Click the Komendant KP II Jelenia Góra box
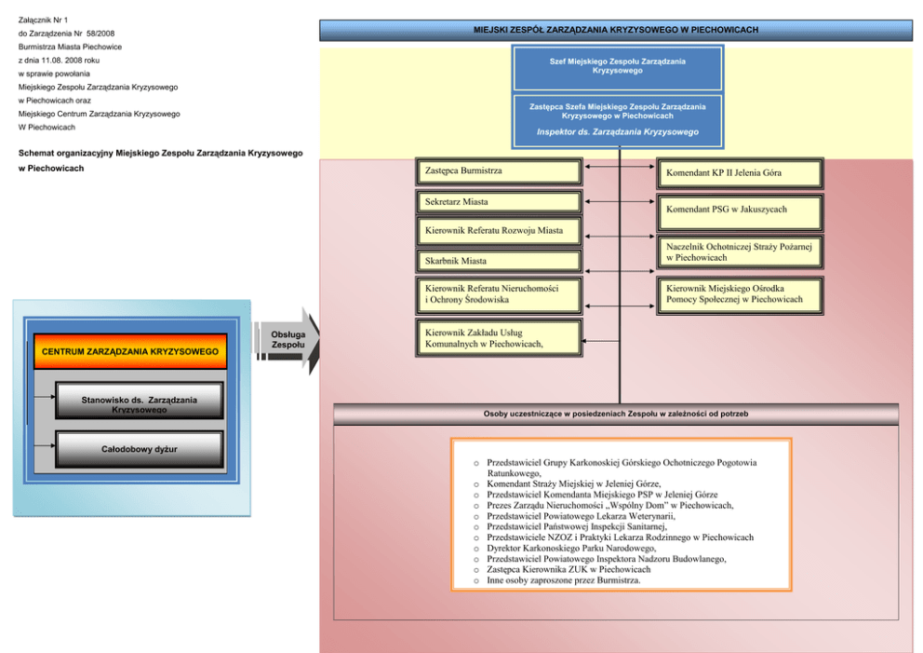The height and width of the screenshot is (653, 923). (741, 173)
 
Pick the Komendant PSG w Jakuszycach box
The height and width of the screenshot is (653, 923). (741, 211)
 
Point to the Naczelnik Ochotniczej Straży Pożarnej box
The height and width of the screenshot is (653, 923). (741, 252)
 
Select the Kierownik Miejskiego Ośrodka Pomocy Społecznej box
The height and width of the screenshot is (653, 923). (741, 294)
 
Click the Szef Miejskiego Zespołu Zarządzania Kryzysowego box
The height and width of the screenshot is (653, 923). (617, 66)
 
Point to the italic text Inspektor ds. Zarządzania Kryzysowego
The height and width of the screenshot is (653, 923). (617, 132)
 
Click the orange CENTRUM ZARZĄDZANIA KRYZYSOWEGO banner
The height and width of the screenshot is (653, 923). (130, 352)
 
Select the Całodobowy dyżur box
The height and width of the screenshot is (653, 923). (140, 450)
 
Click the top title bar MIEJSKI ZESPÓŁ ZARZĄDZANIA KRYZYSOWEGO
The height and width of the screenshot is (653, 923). (616, 30)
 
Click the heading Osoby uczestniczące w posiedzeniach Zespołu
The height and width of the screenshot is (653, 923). (616, 414)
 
